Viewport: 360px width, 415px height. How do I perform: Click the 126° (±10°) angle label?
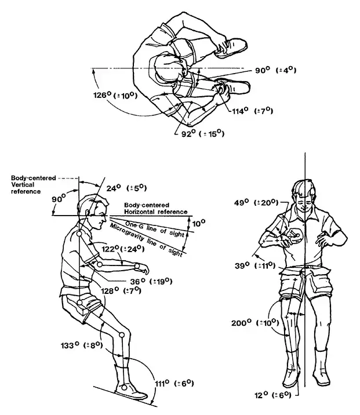[x=115, y=95]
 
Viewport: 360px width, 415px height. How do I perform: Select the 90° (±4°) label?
[x=275, y=70]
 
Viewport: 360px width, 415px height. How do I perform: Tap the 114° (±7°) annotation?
[x=253, y=110]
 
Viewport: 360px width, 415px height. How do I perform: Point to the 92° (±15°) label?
[x=203, y=134]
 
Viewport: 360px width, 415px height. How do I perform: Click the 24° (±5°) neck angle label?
[x=126, y=188]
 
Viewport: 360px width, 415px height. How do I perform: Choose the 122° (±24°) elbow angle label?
[x=123, y=249]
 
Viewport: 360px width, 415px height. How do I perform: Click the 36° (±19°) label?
[x=151, y=281]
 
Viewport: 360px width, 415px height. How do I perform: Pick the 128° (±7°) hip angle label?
[x=121, y=290]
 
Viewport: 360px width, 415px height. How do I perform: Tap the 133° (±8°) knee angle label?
[x=82, y=345]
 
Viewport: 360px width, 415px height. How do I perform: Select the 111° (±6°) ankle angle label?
[x=174, y=383]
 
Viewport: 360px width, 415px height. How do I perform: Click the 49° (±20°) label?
[x=256, y=203]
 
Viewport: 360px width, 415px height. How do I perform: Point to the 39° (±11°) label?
[x=255, y=265]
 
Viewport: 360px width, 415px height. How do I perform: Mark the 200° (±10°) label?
[x=255, y=323]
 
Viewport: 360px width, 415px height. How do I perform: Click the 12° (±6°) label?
[x=273, y=395]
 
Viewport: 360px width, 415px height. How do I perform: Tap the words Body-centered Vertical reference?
[x=34, y=185]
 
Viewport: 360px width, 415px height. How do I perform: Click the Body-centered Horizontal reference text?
[x=155, y=208]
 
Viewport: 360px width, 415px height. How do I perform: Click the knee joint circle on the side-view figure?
[x=122, y=335]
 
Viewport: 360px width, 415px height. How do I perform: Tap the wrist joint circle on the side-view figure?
[x=137, y=265]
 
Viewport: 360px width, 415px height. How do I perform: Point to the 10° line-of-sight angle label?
[x=198, y=224]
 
